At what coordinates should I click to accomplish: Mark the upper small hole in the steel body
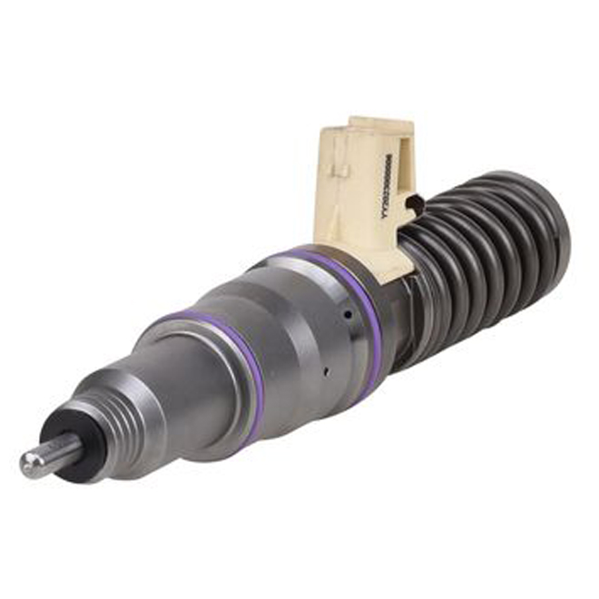click(348, 316)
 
